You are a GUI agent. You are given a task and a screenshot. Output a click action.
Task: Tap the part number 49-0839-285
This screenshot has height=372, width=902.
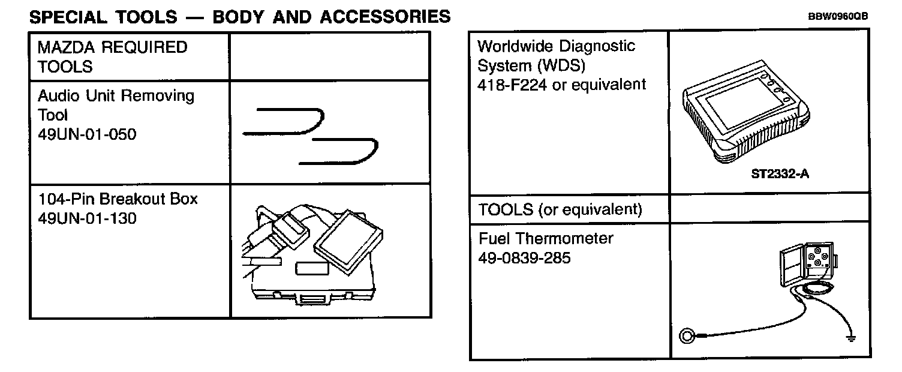[x=525, y=259]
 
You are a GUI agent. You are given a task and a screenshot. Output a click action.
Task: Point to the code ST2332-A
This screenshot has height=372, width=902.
[x=779, y=175]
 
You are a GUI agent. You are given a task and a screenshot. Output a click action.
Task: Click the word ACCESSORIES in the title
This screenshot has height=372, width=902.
[x=384, y=17]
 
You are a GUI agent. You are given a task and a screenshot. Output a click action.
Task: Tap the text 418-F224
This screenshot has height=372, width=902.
[x=512, y=85]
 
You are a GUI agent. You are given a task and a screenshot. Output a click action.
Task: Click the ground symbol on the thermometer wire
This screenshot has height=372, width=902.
[x=850, y=340]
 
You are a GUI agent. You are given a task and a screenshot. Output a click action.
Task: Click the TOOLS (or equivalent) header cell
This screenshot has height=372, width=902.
[x=560, y=210]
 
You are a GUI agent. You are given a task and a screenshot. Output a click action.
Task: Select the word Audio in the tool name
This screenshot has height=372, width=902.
[x=58, y=96]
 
